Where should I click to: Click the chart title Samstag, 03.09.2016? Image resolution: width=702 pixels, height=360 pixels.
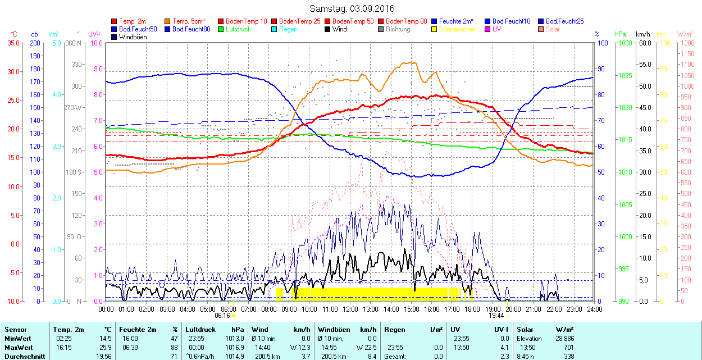point(352,8)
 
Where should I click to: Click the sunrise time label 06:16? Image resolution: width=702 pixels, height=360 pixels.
point(222,316)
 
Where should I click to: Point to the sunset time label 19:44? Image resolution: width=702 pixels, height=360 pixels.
point(497,316)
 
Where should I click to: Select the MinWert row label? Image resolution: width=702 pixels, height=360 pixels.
point(17,339)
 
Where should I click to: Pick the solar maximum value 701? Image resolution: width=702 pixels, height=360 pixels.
point(568,347)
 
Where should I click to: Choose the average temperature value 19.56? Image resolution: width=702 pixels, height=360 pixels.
point(103,356)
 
